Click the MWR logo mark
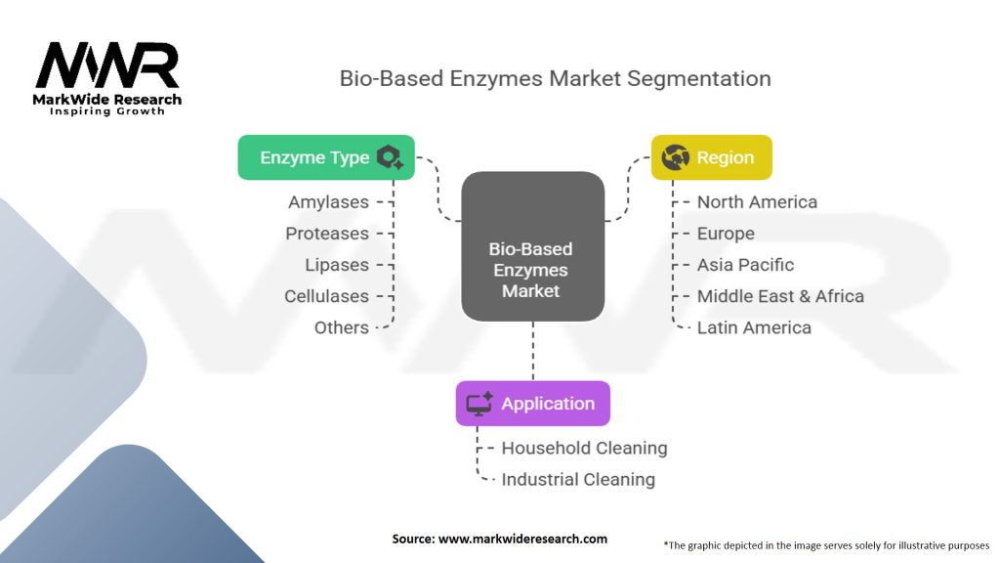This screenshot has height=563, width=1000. click(x=107, y=65)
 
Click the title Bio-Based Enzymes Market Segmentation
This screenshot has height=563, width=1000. click(x=555, y=78)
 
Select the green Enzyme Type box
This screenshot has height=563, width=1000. click(x=326, y=157)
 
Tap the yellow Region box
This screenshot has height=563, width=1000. click(x=711, y=157)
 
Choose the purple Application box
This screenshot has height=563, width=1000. click(x=532, y=404)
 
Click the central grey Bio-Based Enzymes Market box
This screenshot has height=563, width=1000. click(x=532, y=246)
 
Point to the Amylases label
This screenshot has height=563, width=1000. click(x=328, y=201)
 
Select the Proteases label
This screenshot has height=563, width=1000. click(x=327, y=234)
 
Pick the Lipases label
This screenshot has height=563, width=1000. click(x=337, y=265)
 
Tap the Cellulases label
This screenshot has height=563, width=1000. click(x=326, y=296)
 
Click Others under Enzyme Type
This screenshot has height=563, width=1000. click(x=341, y=327)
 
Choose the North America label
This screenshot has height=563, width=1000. click(x=757, y=201)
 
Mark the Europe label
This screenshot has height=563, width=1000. click(x=726, y=234)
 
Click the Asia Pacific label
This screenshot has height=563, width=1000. click(x=745, y=265)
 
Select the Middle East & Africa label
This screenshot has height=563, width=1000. click(x=780, y=296)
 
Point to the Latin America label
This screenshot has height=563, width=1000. click(x=754, y=327)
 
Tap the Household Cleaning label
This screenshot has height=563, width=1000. click(x=584, y=448)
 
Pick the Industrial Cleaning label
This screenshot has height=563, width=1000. click(x=578, y=479)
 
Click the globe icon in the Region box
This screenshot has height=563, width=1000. click(x=676, y=157)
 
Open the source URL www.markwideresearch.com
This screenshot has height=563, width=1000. click(x=523, y=539)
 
